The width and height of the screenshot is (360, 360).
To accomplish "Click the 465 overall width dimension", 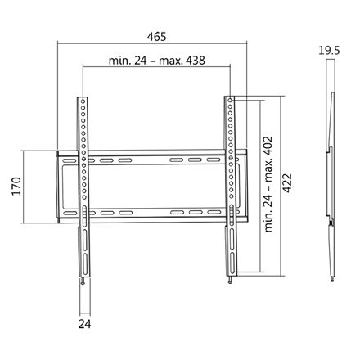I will pos(157,37).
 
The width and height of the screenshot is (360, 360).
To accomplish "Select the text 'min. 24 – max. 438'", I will pos(155,61).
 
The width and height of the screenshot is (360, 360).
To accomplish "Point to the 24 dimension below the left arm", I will pos(84,324).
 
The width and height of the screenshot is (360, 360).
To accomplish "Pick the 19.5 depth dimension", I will pos(330,50).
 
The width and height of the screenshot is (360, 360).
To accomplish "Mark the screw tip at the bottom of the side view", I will pos(331,279).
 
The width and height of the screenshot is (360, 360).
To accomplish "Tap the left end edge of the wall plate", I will pos(56,187).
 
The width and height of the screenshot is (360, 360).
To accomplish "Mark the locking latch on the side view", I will pos(330,221).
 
